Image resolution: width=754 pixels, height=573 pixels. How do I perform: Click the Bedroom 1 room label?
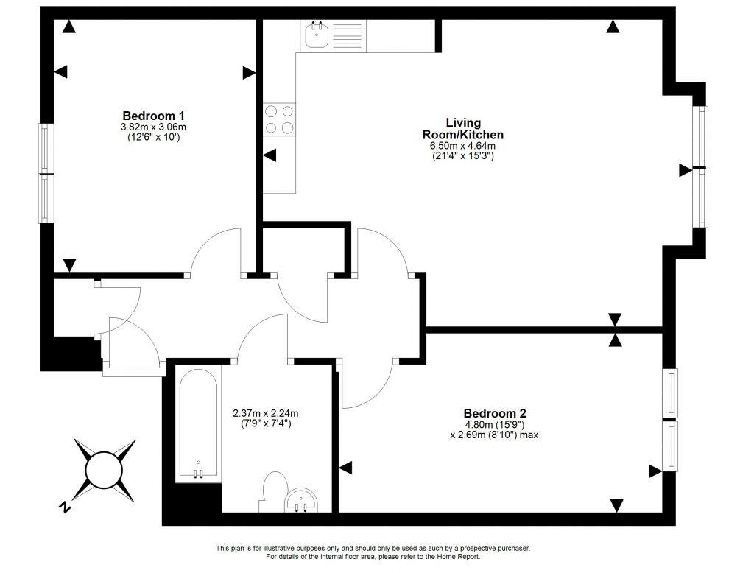click(x=153, y=116)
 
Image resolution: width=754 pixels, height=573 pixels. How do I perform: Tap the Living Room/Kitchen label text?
click(x=462, y=128)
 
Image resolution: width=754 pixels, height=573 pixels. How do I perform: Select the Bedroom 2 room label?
click(x=494, y=413)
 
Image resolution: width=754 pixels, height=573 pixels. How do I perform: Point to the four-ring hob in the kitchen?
click(x=279, y=119)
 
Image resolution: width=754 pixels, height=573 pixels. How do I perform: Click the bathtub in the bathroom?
click(x=198, y=423)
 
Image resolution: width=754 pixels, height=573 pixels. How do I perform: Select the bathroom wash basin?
click(x=302, y=500)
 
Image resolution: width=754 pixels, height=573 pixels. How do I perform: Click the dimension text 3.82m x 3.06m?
click(x=153, y=127)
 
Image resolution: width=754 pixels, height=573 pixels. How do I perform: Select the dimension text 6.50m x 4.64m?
click(x=462, y=146)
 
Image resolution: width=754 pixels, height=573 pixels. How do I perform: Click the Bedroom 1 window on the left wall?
click(x=46, y=173)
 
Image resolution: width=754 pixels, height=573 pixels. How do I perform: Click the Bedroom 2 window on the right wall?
click(x=672, y=419)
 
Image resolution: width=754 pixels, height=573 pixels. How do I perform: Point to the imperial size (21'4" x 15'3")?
click(x=462, y=156)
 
